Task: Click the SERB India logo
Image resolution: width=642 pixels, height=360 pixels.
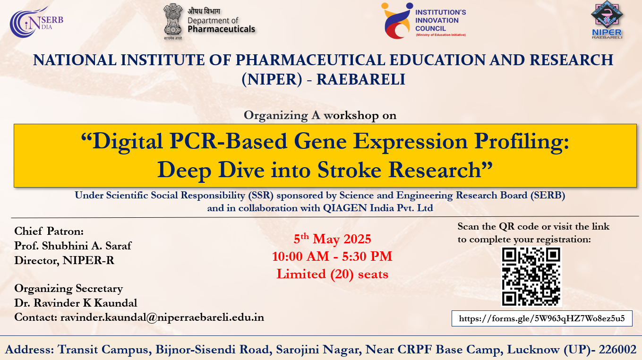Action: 36,22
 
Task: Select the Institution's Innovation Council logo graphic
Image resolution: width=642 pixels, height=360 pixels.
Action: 397,21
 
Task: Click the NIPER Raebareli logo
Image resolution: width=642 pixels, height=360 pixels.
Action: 607,19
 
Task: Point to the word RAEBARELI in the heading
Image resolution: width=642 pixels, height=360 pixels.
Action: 360,79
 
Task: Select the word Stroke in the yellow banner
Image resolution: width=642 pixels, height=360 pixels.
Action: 350,170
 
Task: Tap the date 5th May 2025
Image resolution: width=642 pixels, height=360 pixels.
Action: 332,239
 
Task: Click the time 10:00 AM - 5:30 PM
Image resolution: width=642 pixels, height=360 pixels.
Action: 332,256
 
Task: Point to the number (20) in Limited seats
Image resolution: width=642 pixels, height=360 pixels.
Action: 342,274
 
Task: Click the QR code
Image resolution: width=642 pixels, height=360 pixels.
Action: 531,276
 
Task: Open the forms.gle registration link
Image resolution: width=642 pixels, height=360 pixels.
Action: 542,318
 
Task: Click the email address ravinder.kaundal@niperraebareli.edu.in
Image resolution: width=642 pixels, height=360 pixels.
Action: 162,317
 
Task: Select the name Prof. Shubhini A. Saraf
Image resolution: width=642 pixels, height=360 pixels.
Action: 73,246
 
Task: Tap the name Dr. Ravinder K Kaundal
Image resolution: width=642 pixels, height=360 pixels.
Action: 76,303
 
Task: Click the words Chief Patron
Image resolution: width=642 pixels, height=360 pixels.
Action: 49,231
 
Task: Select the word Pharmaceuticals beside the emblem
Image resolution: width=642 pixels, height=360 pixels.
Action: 221,29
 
